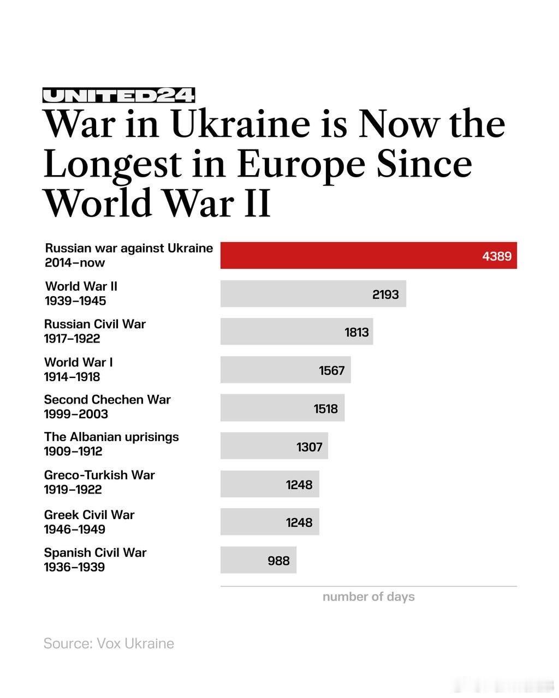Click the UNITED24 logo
[118, 96]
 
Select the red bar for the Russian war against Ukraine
[368, 255]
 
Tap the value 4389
[497, 256]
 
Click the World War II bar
[313, 294]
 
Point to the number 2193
[385, 294]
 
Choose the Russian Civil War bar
[296, 332]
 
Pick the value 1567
[332, 371]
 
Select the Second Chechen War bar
[282, 408]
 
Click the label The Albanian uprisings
[111, 437]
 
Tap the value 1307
[310, 447]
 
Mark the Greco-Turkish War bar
[270, 484]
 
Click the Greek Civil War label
[89, 515]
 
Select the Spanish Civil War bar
[258, 560]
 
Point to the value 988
[278, 561]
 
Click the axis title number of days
[368, 597]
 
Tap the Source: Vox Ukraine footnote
[109, 643]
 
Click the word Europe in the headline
[300, 164]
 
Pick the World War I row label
[79, 362]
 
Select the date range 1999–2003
[76, 414]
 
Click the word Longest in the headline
[112, 164]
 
